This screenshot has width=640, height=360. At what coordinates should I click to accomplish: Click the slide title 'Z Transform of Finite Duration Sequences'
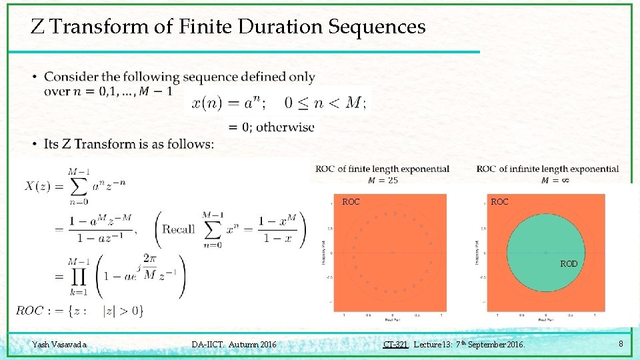[x=228, y=27]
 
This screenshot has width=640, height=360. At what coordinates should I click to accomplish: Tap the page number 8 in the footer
[x=621, y=344]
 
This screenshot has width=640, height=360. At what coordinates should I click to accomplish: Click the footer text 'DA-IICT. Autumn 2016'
[x=234, y=345]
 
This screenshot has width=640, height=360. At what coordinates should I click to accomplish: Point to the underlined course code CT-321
[x=396, y=345]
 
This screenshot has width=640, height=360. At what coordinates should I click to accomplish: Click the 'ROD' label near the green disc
[x=569, y=264]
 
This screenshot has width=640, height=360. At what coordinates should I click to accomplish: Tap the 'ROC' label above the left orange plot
[x=351, y=201]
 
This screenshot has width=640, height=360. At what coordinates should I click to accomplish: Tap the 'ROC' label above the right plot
[x=499, y=201]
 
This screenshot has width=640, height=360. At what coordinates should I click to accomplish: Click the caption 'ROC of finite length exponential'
[x=383, y=169]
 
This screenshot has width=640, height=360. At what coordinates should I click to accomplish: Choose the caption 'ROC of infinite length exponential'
[x=548, y=169]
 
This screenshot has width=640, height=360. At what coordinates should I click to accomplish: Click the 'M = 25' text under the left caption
[x=383, y=180]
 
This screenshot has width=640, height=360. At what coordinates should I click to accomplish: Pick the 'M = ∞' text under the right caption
[x=549, y=180]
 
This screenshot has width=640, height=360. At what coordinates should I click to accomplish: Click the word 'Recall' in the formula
[x=179, y=229]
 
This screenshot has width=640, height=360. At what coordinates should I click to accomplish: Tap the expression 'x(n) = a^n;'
[x=229, y=103]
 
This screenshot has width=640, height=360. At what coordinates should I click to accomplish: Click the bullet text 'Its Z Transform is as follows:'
[x=129, y=144]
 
